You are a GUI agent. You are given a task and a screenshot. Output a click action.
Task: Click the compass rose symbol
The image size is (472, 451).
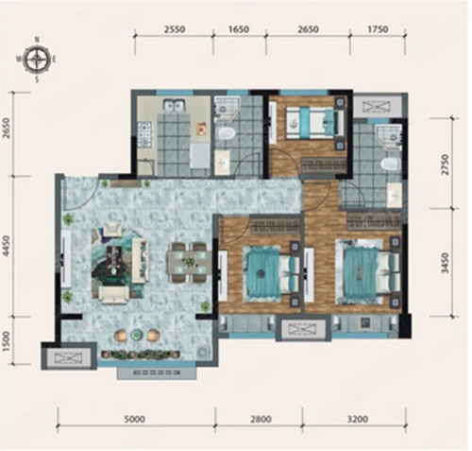click(37, 59)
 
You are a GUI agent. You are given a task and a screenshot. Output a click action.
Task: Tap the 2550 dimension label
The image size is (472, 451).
click(175, 29)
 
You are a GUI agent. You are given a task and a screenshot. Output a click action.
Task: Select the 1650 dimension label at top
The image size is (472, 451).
click(239, 29)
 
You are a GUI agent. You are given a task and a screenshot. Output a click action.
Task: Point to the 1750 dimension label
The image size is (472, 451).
click(378, 29)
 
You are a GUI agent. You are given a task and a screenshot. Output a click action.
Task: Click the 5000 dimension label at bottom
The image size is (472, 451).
click(134, 419)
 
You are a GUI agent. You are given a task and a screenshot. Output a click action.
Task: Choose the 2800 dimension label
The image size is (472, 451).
click(261, 419)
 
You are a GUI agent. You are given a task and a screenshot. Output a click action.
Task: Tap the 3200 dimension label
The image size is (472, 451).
click(357, 419)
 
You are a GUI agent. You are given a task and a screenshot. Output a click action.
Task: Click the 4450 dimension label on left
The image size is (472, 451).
click(6, 247)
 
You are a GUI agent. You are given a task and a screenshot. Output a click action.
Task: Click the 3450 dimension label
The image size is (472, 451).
click(446, 263)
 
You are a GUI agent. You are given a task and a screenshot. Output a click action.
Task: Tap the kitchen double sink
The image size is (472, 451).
click(173, 104)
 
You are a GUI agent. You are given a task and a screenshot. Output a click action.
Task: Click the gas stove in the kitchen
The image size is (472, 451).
click(145, 134)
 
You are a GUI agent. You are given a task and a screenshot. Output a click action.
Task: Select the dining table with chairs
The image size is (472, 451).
click(190, 262)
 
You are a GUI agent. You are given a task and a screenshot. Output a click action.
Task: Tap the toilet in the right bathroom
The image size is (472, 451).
click(390, 165)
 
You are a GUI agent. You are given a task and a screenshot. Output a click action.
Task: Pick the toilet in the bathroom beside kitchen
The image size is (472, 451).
click(226, 133)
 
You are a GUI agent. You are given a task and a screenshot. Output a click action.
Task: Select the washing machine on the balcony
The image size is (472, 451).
click(203, 351)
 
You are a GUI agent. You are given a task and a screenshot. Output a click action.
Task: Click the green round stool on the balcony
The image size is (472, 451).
click(136, 335)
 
